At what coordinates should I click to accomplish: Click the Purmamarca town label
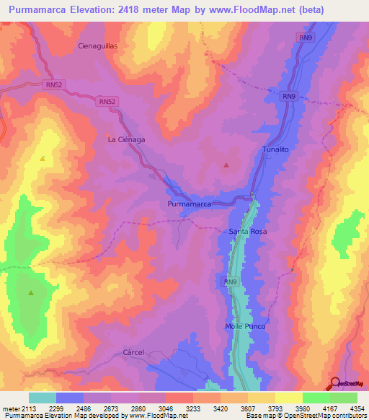point(184,205)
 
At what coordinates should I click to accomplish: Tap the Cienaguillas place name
point(97,45)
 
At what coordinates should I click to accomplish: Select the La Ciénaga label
point(126,139)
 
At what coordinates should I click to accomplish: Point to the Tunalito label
point(275,149)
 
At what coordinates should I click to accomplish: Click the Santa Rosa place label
point(248,232)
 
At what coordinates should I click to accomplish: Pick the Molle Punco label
point(245,327)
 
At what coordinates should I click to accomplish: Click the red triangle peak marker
point(226,165)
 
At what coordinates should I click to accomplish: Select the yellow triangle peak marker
point(43,158)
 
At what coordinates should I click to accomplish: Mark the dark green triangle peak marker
point(31,293)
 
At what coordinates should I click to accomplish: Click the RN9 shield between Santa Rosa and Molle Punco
point(230,281)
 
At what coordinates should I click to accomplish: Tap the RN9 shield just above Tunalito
point(289,97)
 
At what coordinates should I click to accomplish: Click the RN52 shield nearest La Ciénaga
point(107,102)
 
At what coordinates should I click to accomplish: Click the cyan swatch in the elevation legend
point(42,398)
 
